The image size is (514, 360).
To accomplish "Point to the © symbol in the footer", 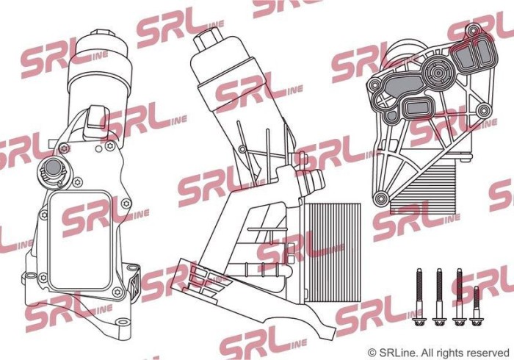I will [x=372, y=352].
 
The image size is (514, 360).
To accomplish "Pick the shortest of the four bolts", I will [x=477, y=304].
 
